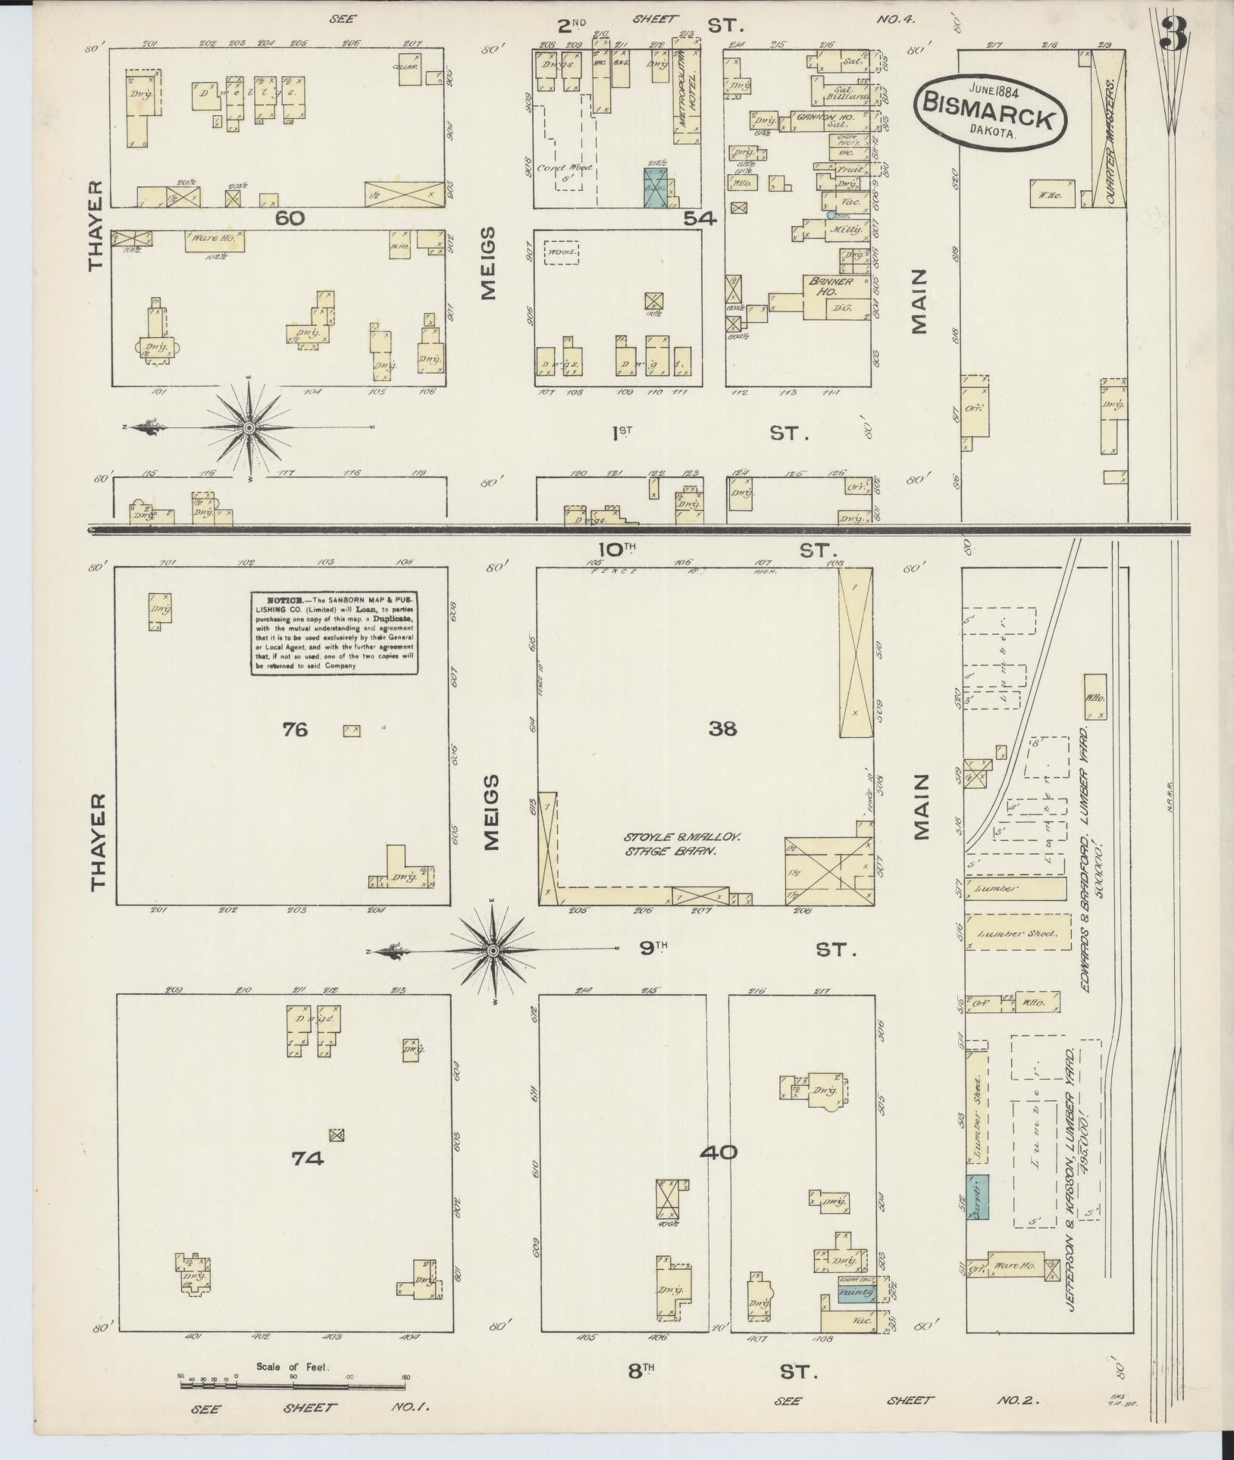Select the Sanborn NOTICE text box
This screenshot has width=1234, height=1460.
[335, 634]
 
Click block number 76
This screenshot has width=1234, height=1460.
[296, 730]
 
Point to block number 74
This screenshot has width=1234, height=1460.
[308, 1180]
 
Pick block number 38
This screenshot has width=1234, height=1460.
[722, 729]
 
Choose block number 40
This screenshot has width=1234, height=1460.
[718, 1174]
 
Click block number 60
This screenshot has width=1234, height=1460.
[290, 218]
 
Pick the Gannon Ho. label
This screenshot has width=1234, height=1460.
[820, 118]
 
